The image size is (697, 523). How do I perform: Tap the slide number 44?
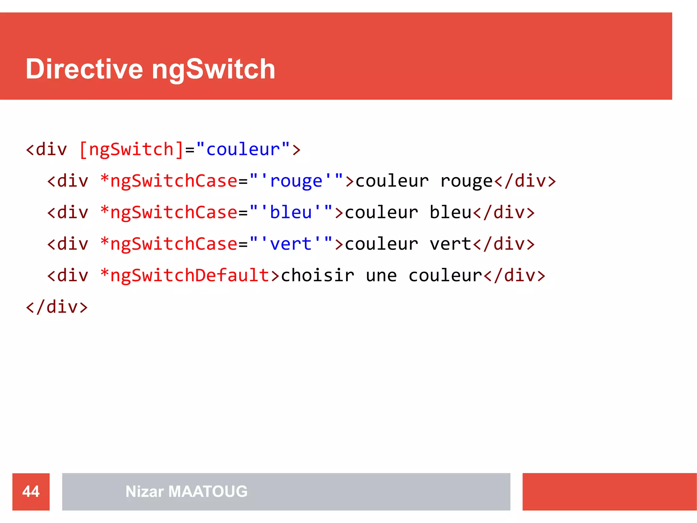[31, 491]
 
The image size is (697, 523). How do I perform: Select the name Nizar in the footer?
[145, 491]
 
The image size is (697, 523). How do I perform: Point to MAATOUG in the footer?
[208, 491]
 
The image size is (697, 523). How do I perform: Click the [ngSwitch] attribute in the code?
[131, 149]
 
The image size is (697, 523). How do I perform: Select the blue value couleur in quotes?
[243, 149]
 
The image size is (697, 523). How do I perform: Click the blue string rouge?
[296, 181]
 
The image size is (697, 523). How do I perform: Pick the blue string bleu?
[291, 212]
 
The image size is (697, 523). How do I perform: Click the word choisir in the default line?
[318, 275]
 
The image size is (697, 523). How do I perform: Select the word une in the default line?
[381, 275]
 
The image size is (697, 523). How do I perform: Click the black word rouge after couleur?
[467, 181]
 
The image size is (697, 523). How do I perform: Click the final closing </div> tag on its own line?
[57, 307]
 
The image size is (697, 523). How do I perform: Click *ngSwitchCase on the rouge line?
[169, 181]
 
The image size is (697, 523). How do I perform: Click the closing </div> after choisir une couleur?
[514, 275]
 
